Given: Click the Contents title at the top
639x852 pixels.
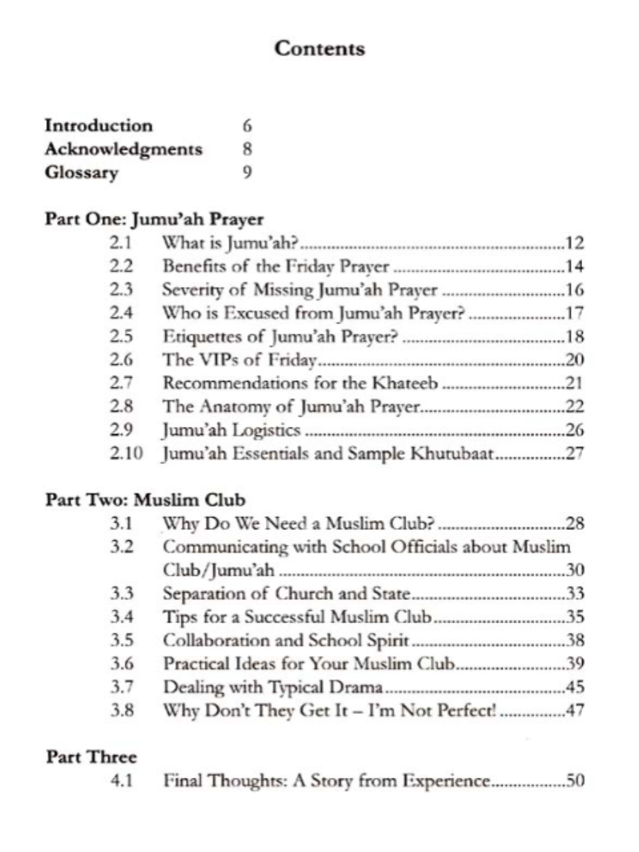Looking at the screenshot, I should pyautogui.click(x=319, y=49).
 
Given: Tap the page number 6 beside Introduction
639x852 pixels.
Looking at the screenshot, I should pyautogui.click(x=247, y=125).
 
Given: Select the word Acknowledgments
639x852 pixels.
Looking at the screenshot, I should pyautogui.click(x=123, y=149).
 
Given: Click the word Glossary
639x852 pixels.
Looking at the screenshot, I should pyautogui.click(x=81, y=173).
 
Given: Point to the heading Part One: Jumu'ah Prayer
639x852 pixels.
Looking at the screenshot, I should pyautogui.click(x=154, y=219).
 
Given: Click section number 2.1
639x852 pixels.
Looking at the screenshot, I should pyautogui.click(x=120, y=242).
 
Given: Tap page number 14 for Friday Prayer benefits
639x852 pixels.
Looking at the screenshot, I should pyautogui.click(x=574, y=266).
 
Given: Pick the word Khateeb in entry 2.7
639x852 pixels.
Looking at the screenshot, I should pyautogui.click(x=405, y=383).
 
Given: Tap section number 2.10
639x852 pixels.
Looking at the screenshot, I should pyautogui.click(x=126, y=453).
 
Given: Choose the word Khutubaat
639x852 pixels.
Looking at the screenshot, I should pyautogui.click(x=452, y=453).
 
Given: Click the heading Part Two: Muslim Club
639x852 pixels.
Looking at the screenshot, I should pyautogui.click(x=145, y=500).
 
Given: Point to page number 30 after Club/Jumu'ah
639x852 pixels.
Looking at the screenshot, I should pyautogui.click(x=574, y=569).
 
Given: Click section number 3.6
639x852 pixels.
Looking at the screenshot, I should pyautogui.click(x=121, y=663).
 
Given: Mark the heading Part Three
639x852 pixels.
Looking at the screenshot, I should pyautogui.click(x=91, y=757).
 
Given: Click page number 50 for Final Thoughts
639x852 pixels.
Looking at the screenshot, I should pyautogui.click(x=574, y=780).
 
